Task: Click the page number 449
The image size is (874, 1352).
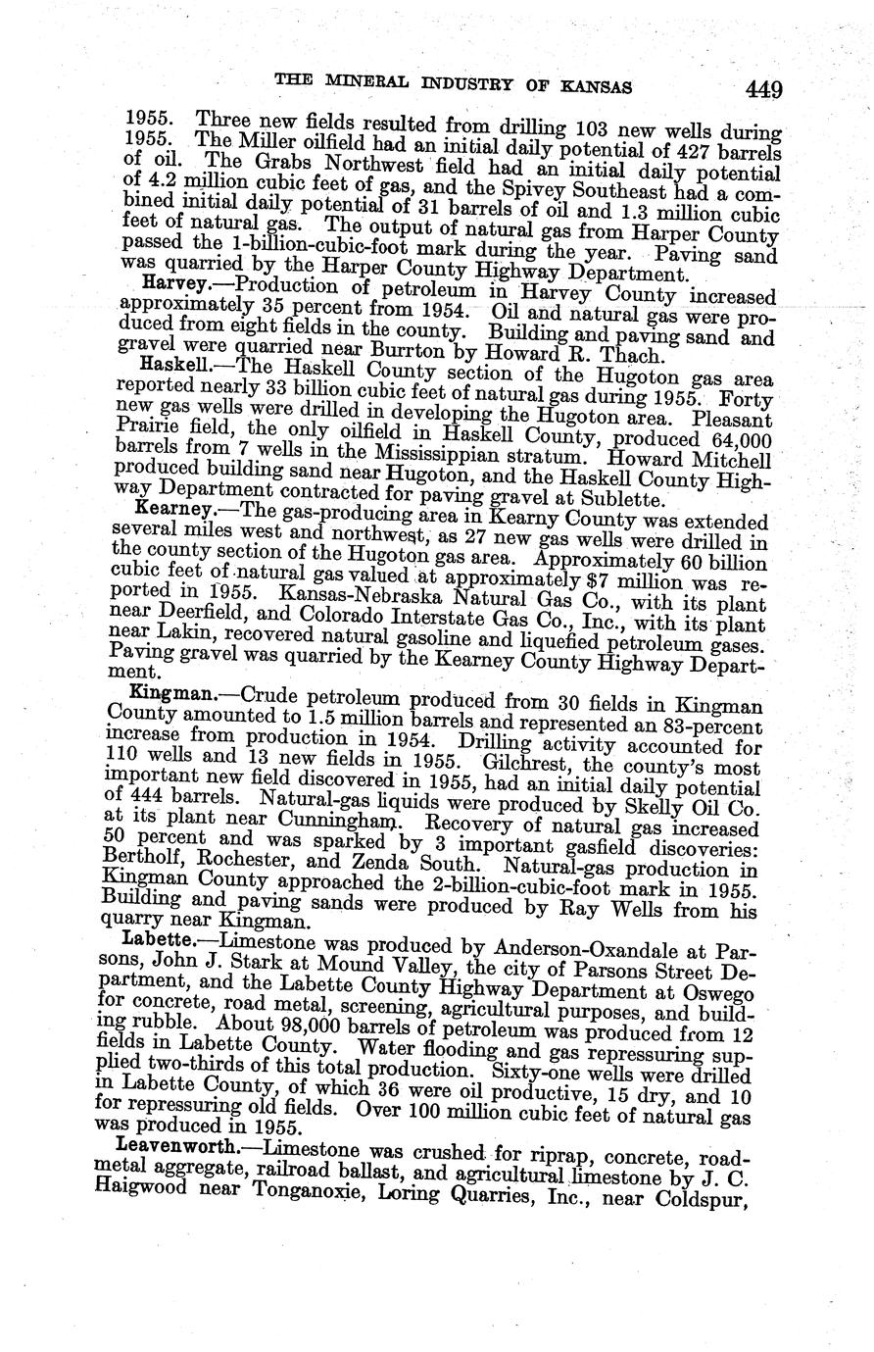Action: coord(762,90)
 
